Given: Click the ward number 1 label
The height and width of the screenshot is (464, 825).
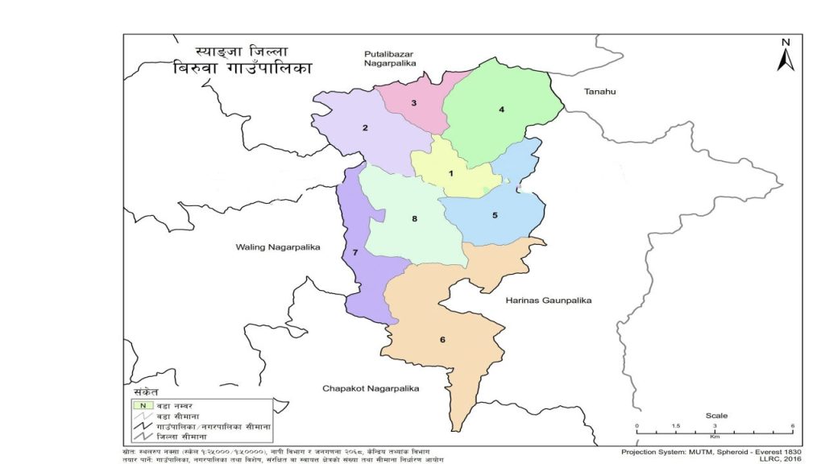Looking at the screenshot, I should (451, 173).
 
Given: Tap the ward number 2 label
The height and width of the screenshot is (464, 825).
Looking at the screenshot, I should (365, 128).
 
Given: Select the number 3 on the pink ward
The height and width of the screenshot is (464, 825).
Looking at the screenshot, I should (413, 103).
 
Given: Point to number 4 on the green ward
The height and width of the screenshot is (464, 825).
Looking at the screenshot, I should (501, 109).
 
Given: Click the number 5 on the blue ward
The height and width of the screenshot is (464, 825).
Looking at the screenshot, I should (495, 215).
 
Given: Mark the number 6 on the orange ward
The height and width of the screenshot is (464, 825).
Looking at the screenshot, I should (442, 339).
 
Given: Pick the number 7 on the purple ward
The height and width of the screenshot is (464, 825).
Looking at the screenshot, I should (354, 253).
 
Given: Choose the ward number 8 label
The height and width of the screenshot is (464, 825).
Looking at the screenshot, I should (414, 218).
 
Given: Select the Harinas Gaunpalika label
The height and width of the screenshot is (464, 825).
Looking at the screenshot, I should (549, 300).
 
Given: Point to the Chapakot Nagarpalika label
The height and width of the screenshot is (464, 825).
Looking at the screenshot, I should (371, 388).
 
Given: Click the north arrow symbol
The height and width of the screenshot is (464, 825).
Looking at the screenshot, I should (786, 55).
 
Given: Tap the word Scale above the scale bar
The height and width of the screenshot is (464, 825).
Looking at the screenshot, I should (715, 416).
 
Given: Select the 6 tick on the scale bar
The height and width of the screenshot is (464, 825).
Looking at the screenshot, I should (793, 426).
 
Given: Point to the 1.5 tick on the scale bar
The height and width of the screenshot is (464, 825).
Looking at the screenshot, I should (676, 426).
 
